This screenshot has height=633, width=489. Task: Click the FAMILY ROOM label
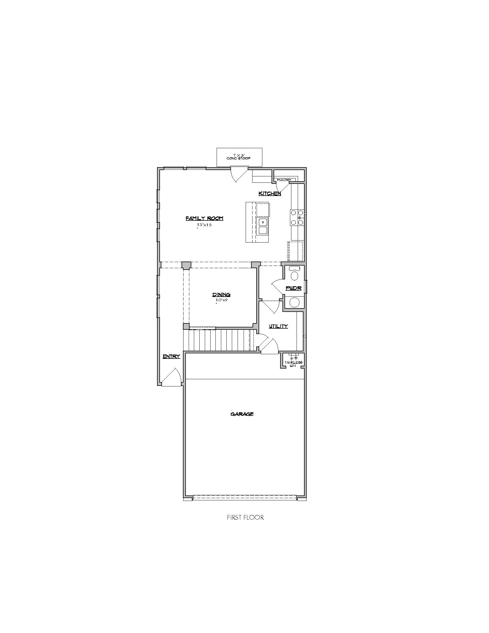204,219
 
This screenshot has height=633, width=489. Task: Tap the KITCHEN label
270,193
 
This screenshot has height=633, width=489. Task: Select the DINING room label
221,295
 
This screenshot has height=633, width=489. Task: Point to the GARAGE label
242,414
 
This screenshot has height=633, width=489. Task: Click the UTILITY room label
278,326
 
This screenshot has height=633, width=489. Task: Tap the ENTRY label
171,356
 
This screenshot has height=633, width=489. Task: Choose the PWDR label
293,288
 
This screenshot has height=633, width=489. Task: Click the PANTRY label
284,180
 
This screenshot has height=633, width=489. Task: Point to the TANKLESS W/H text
293,364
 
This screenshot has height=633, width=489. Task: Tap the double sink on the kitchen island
263,226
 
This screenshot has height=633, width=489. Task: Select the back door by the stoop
239,174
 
